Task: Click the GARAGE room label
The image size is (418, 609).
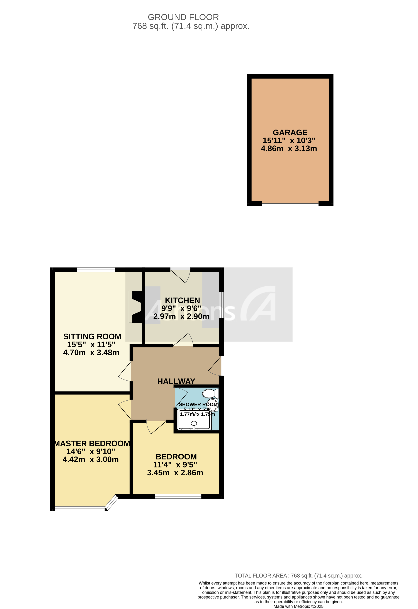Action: click(290, 133)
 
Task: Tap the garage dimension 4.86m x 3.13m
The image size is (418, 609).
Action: click(289, 148)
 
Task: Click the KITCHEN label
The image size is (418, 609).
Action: click(182, 300)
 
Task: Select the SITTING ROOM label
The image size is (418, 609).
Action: click(92, 337)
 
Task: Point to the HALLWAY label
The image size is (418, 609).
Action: click(176, 381)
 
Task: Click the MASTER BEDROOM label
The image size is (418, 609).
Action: click(92, 443)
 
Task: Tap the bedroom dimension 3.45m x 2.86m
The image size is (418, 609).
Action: click(175, 472)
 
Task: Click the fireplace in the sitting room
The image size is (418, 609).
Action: click(135, 307)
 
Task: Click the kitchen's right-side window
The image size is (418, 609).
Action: click(222, 305)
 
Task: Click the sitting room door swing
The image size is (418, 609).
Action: click(125, 372)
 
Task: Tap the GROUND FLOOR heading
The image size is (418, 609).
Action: click(183, 17)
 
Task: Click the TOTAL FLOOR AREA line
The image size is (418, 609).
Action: click(298, 576)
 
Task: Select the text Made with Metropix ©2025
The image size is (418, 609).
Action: click(298, 606)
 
